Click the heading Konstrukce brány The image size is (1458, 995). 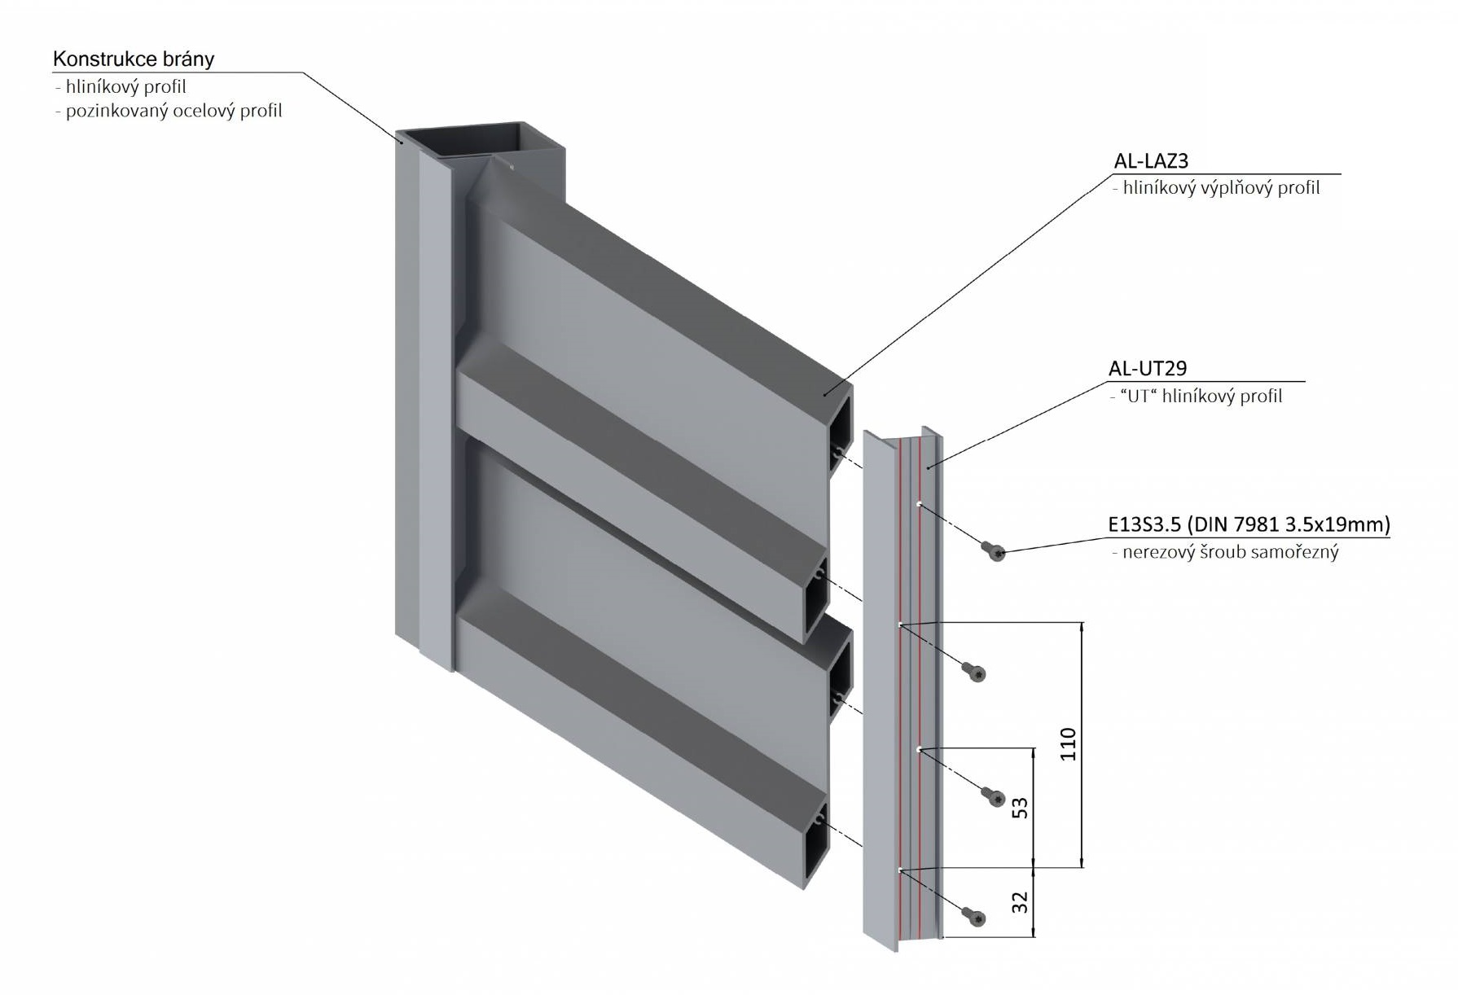[x=134, y=59]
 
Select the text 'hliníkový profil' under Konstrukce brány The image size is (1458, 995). [x=125, y=87]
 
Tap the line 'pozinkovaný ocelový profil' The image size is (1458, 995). [x=173, y=111]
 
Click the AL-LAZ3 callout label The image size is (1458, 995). [x=1151, y=161]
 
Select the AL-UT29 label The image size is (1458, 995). [x=1147, y=369]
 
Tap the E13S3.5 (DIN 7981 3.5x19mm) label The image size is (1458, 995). [x=1249, y=524]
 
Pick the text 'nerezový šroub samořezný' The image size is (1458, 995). [x=1230, y=552]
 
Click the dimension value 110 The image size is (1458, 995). [x=1068, y=744]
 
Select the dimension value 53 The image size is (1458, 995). [x=1020, y=808]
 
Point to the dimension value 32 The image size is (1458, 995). [x=1020, y=902]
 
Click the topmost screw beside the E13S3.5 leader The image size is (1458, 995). [x=995, y=551]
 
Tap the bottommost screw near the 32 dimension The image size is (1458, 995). [x=975, y=918]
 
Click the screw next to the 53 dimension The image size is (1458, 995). [x=994, y=796]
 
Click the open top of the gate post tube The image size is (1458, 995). [x=481, y=140]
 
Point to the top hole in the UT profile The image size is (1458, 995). [x=919, y=504]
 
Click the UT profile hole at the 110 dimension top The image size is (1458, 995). [x=900, y=625]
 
